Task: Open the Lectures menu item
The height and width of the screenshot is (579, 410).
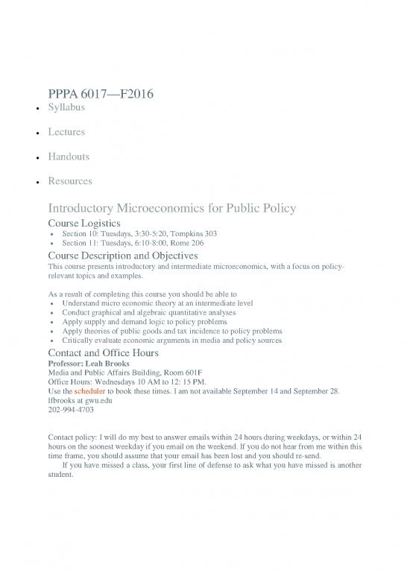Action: (66, 132)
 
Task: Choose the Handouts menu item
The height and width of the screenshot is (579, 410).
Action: (69, 156)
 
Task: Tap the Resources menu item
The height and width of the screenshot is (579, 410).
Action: (70, 180)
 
